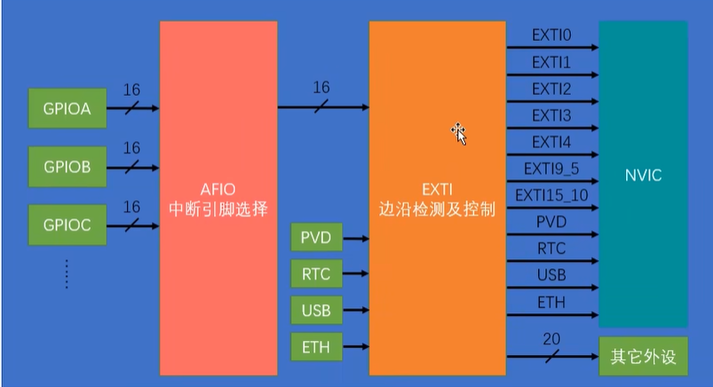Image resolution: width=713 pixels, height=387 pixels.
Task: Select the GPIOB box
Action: pos(67,165)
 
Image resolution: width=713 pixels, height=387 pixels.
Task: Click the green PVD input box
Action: pos(315,238)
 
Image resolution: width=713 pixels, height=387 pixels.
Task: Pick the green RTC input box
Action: pos(315,274)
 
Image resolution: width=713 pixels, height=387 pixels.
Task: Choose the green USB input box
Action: pos(315,311)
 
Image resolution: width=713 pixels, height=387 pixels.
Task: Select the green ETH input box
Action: pos(315,346)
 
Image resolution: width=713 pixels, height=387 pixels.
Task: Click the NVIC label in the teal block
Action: pos(642,175)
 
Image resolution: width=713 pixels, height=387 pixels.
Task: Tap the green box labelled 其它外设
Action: pos(643,357)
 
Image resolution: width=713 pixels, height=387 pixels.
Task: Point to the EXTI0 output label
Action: pos(551,36)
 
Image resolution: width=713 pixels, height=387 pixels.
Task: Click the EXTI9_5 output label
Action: pos(551,169)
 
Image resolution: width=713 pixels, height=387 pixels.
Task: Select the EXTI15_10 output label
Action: pos(551,195)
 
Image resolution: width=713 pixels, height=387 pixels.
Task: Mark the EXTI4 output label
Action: pos(551,142)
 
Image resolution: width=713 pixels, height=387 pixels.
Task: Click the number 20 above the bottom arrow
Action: pos(551,337)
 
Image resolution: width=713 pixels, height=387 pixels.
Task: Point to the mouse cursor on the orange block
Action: pos(459,132)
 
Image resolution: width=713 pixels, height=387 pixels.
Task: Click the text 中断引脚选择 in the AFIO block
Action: pos(218,211)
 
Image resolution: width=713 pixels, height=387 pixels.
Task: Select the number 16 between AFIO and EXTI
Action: pos(321,88)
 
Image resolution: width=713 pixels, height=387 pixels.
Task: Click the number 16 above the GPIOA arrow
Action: pos(131,90)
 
